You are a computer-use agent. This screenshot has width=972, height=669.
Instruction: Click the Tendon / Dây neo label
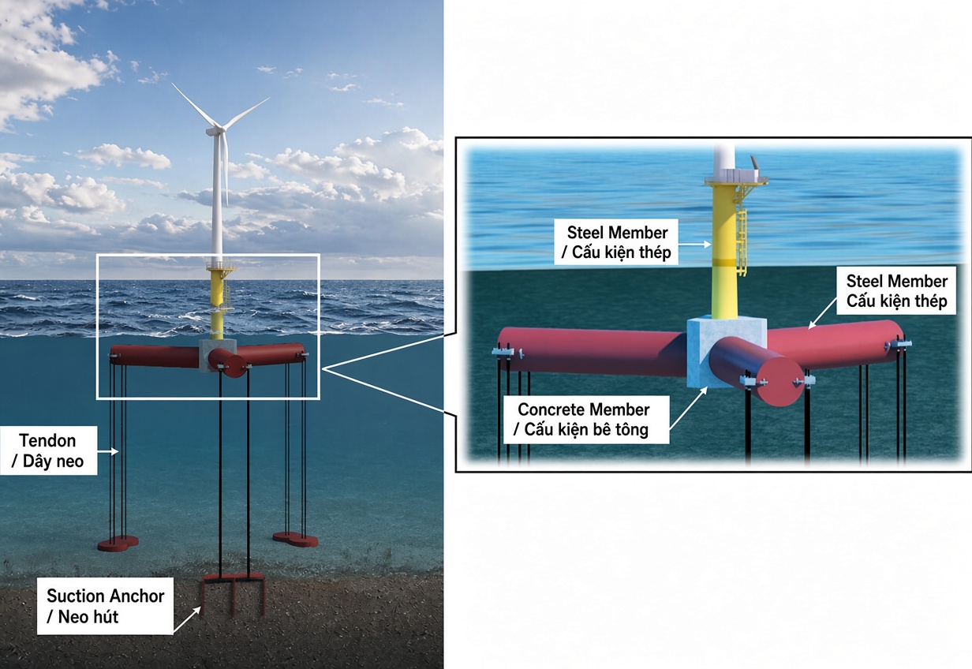[48, 450]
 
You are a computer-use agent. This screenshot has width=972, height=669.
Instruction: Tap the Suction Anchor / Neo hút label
[105, 606]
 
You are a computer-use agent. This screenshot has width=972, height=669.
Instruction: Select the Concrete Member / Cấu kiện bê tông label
[585, 420]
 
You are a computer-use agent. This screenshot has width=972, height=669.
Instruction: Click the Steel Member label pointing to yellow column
[616, 242]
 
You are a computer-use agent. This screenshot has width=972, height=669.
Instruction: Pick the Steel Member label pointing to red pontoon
[896, 290]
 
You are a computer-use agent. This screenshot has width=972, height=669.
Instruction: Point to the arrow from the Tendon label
[107, 451]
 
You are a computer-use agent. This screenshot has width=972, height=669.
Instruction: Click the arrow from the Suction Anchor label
[187, 619]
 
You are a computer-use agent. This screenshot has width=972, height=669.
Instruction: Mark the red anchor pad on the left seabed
[118, 544]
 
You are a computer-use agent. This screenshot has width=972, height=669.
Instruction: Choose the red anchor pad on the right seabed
[296, 540]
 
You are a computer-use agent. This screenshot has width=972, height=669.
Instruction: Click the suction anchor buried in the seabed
[234, 596]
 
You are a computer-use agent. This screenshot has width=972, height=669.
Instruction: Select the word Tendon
[47, 440]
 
